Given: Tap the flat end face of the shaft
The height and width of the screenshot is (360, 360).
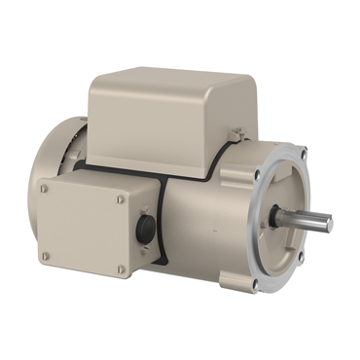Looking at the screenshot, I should pyautogui.click(x=329, y=225).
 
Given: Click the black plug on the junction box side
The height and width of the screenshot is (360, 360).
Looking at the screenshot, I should pyautogui.click(x=144, y=231).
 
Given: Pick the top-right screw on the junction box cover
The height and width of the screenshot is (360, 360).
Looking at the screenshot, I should pyautogui.click(x=121, y=199).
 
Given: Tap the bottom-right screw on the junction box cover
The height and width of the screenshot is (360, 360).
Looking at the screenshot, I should pyautogui.click(x=121, y=270).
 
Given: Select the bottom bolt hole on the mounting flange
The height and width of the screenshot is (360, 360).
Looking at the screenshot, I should pyautogui.click(x=254, y=282).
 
